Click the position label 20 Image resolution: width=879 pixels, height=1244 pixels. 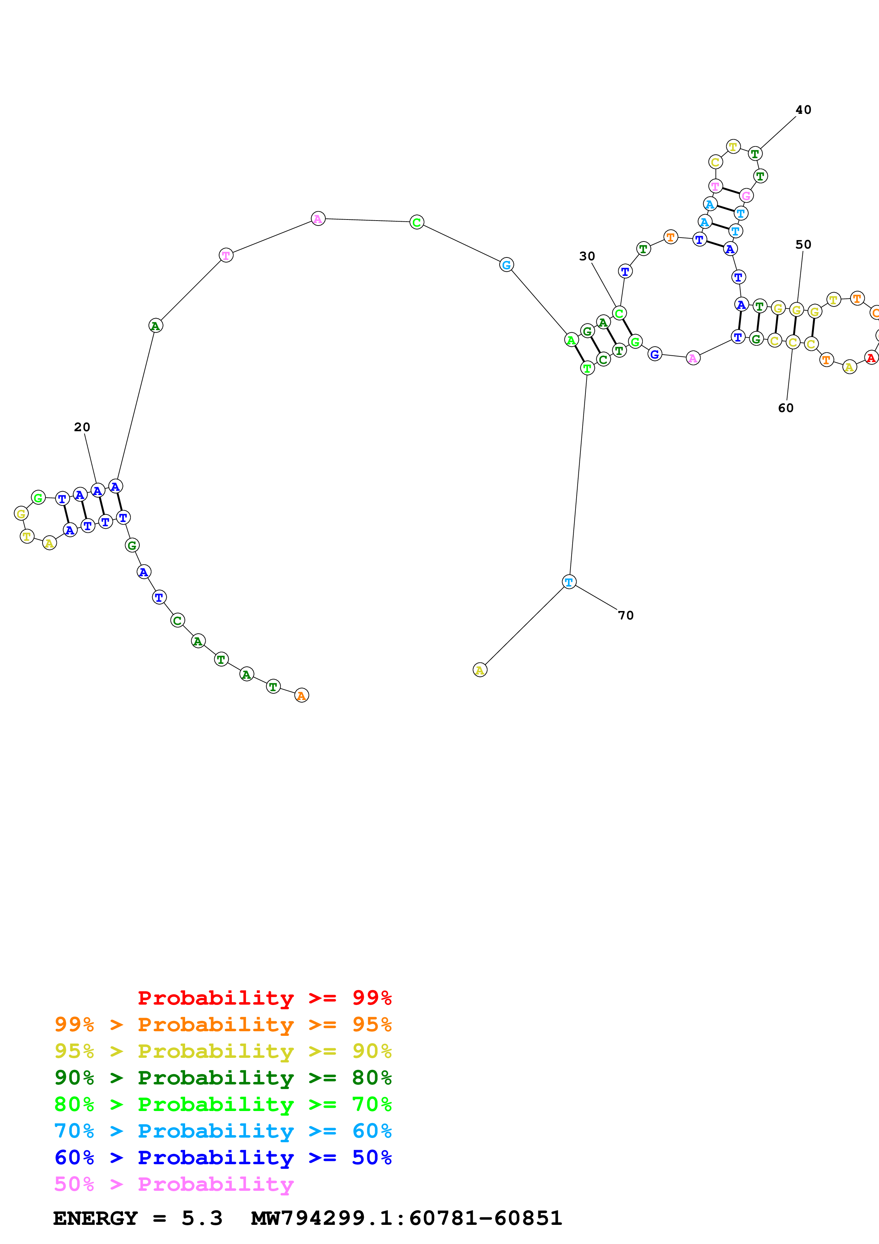(x=82, y=427)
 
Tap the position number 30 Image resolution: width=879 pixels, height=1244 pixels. (x=587, y=256)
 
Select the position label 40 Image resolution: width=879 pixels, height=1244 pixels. (x=803, y=110)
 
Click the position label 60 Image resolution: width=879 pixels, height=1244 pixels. (x=786, y=408)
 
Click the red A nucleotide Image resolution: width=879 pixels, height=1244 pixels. (x=871, y=357)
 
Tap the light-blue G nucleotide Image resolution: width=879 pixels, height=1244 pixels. (x=506, y=265)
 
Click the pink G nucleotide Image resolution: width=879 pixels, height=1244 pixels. (x=746, y=196)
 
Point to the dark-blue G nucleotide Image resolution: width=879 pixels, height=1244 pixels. (x=655, y=354)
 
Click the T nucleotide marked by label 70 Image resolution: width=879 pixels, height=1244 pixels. (x=569, y=582)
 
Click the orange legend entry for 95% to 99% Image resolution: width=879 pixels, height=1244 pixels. (x=223, y=1024)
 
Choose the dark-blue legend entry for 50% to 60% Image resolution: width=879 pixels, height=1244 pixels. (x=223, y=1157)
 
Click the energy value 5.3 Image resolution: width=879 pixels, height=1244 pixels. (x=202, y=1218)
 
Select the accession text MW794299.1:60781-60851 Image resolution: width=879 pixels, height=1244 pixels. (x=407, y=1218)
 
